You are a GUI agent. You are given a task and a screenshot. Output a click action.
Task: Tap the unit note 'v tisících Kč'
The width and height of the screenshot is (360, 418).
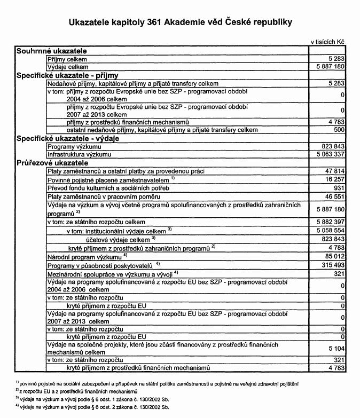click(x=327, y=41)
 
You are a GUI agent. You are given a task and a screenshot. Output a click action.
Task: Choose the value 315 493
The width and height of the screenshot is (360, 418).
click(x=331, y=265)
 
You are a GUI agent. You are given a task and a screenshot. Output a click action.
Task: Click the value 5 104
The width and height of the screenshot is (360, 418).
click(x=334, y=348)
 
